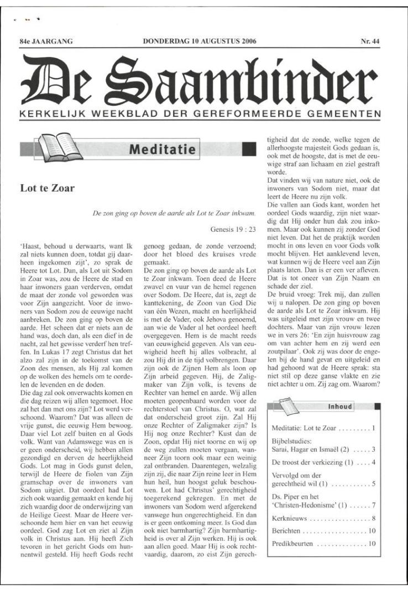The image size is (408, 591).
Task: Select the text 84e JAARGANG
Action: pyautogui.click(x=46, y=41)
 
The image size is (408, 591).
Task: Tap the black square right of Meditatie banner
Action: pyautogui.click(x=249, y=149)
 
